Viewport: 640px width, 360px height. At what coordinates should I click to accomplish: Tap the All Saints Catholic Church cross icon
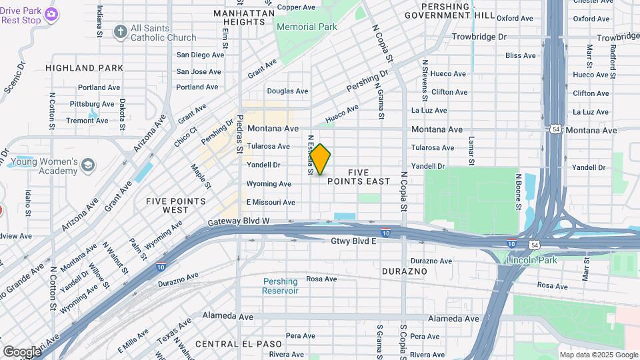tap(120, 31)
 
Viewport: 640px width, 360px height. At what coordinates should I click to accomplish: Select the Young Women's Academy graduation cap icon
tap(87, 164)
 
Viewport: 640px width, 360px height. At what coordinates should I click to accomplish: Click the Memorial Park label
tap(306, 27)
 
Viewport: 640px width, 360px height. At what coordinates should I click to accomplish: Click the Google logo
tap(21, 351)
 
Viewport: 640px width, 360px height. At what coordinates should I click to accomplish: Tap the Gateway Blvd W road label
tap(238, 221)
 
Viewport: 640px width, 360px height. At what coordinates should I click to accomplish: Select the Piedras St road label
tap(239, 135)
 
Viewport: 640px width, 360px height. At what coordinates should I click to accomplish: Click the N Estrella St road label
tap(311, 156)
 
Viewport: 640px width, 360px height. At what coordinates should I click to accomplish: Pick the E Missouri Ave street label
tap(271, 202)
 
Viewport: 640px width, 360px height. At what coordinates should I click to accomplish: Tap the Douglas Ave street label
tap(287, 91)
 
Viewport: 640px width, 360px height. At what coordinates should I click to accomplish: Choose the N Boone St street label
tap(517, 189)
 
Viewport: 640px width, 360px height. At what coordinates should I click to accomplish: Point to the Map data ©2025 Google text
tap(598, 355)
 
